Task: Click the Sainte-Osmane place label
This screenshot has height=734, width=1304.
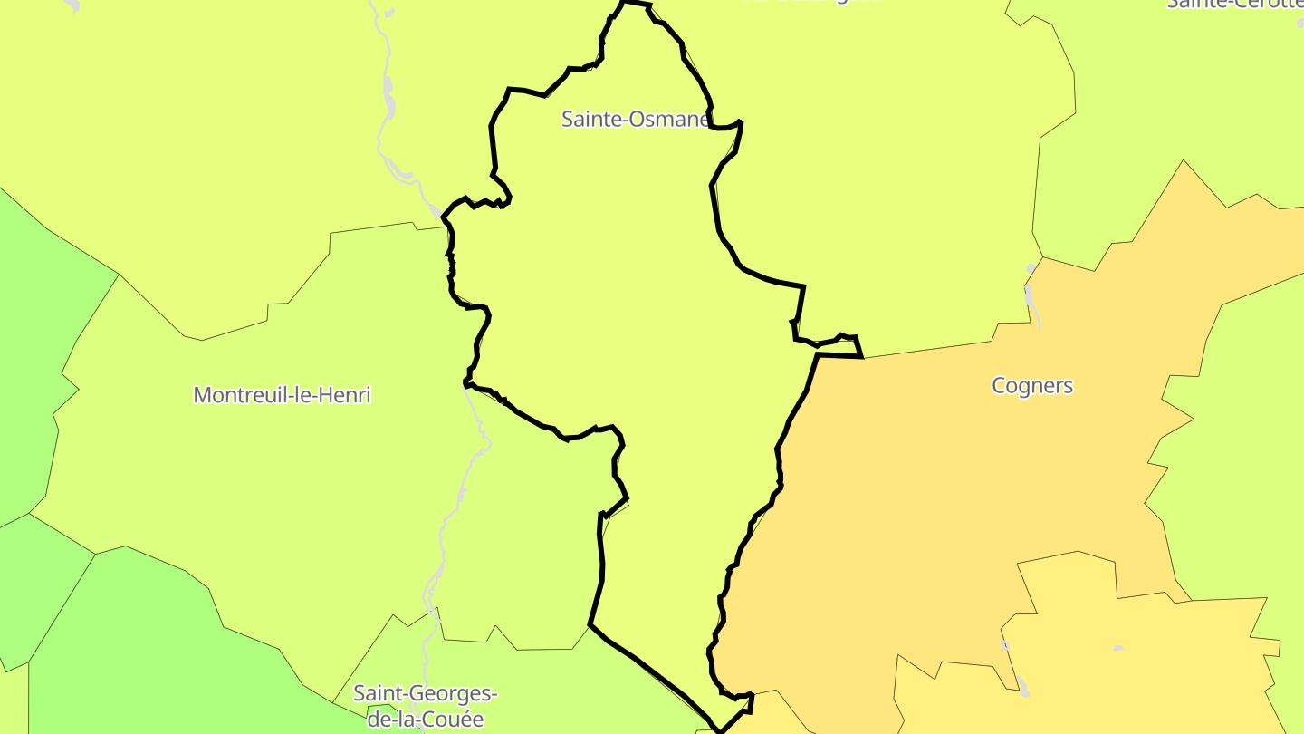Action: tap(634, 119)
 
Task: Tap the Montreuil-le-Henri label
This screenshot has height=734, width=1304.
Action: tap(282, 395)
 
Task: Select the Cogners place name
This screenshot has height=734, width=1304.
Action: tap(1032, 385)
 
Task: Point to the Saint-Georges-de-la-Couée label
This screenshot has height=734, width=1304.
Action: tap(425, 706)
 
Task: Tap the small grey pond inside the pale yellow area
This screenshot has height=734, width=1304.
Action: tap(1118, 648)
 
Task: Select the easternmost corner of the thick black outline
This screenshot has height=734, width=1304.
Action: tap(862, 356)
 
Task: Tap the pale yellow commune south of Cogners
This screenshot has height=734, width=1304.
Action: tap(1132, 671)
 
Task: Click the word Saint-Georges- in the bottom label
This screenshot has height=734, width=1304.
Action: tap(425, 694)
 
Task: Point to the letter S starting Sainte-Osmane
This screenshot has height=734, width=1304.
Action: tap(567, 119)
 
